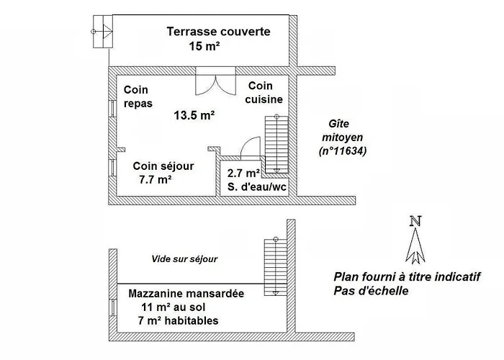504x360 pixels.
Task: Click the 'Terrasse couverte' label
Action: [x=218, y=32]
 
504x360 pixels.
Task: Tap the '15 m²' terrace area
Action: [x=204, y=46]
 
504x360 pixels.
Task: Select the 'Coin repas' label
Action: [x=138, y=96]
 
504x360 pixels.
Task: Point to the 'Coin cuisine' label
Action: [x=264, y=93]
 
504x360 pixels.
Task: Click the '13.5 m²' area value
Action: [x=194, y=115]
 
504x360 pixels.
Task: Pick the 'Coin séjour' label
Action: [x=163, y=166]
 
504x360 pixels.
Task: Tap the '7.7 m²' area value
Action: [x=155, y=179]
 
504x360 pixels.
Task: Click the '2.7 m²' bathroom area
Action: [x=243, y=174]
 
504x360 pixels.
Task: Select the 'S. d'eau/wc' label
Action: [x=256, y=186]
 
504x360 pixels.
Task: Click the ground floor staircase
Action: [x=276, y=144]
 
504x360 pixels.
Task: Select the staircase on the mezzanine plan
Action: [x=276, y=266]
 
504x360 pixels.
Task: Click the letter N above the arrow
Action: [x=415, y=221]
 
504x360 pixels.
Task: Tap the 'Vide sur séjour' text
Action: [x=184, y=259]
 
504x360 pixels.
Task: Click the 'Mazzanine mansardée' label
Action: [x=186, y=294]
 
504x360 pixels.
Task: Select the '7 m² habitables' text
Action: [x=178, y=320]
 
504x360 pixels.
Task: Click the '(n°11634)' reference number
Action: [x=343, y=150]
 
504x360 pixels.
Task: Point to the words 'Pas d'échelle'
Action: [x=371, y=291]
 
